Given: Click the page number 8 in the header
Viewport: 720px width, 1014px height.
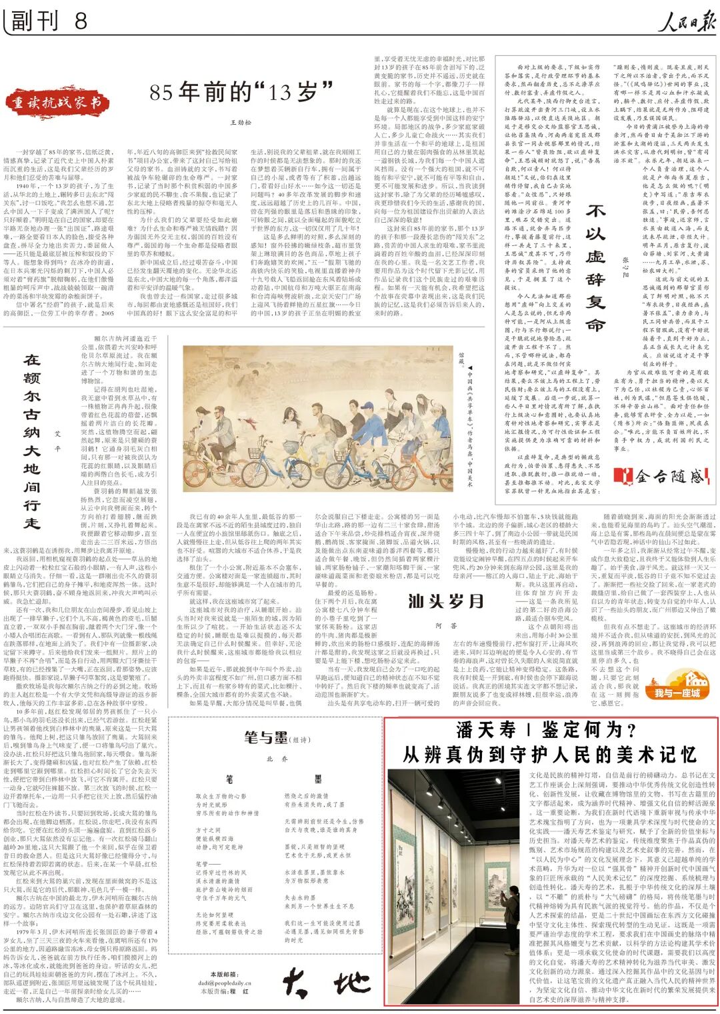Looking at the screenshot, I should click(81, 21).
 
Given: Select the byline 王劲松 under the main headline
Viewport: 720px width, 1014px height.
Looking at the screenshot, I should click(241, 122).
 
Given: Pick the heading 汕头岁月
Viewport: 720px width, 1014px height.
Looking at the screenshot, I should click(445, 601).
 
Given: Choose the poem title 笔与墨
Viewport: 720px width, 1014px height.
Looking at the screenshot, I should click(266, 737).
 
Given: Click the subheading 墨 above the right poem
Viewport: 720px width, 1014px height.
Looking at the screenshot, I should click(319, 779).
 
